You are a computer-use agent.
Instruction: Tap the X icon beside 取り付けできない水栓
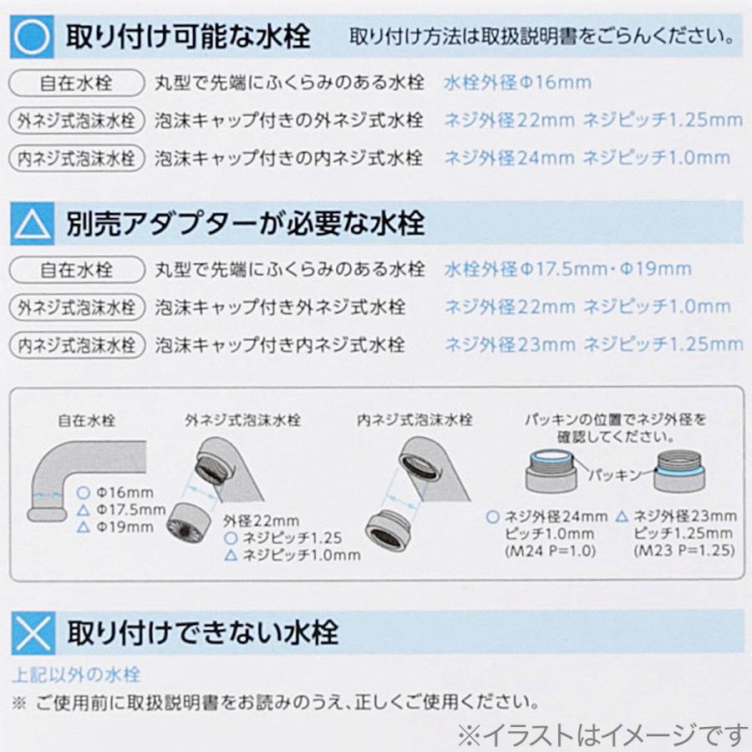(33, 632)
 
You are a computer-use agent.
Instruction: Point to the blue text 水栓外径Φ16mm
(517, 83)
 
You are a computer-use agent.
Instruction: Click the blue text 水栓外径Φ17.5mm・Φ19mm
(567, 270)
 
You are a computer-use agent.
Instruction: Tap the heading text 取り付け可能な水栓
(187, 37)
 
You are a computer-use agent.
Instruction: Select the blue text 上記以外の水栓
(76, 674)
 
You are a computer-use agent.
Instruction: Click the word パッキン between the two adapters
(613, 475)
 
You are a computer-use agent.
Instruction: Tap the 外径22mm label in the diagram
(261, 521)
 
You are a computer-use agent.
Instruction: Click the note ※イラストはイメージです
(601, 733)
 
